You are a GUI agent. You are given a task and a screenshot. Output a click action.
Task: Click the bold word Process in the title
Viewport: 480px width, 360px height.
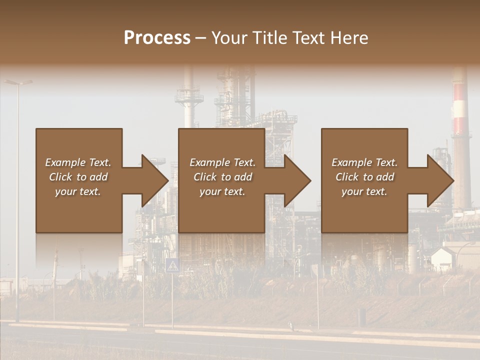[x=157, y=38]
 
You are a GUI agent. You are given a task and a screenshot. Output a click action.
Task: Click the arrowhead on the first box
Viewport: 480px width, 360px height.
[x=155, y=180]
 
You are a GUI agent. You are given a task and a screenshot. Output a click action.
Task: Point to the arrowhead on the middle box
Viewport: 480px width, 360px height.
[x=297, y=180]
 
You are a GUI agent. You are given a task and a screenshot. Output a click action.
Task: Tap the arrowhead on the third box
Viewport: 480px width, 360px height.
[x=440, y=180]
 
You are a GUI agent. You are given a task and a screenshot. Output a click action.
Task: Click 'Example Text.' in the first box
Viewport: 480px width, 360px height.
[x=78, y=162]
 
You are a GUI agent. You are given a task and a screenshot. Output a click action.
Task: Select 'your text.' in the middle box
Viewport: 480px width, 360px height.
[x=222, y=191]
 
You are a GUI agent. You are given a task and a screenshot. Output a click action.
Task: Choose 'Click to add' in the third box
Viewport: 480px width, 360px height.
[x=365, y=177]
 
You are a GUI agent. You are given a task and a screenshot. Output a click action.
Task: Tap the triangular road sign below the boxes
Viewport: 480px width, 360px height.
[x=172, y=265]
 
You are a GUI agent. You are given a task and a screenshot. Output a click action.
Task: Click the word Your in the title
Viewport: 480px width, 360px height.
[x=228, y=38]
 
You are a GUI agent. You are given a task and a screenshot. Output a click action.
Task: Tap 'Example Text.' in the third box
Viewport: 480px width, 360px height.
[x=364, y=162]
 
